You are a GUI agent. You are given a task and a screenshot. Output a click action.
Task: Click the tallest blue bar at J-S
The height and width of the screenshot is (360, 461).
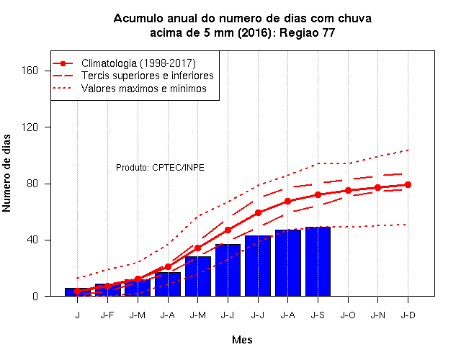click(318, 261)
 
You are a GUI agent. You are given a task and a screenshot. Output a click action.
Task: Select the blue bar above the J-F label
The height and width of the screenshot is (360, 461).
click(107, 289)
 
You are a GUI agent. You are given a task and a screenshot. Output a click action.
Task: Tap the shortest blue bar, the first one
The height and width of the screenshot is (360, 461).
click(77, 292)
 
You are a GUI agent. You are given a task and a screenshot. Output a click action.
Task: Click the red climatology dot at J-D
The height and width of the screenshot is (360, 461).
click(408, 184)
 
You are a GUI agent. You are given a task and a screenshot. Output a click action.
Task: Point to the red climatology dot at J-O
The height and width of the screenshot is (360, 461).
click(348, 190)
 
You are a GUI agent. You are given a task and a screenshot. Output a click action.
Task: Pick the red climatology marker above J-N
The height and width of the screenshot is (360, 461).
click(377, 187)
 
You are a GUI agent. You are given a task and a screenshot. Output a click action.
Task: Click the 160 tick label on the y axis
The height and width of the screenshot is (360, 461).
click(30, 71)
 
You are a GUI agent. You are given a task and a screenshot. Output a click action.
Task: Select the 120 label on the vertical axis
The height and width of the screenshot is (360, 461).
click(30, 127)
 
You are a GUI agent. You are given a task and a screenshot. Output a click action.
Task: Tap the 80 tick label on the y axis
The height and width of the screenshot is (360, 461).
click(32, 184)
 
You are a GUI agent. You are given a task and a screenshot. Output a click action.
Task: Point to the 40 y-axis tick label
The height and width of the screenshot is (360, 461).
click(32, 240)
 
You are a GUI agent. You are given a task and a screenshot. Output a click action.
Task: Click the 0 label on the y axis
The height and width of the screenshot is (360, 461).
click(35, 296)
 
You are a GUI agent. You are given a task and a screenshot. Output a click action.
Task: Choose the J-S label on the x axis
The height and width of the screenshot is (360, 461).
click(318, 315)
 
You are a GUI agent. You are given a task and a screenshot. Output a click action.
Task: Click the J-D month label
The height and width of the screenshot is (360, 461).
click(408, 315)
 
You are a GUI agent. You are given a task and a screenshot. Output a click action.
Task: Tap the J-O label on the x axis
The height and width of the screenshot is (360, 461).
click(348, 315)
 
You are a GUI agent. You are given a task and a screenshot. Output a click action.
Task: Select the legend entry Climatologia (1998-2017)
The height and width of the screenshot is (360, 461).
click(138, 63)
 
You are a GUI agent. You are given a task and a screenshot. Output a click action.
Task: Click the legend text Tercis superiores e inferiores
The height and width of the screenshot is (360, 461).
click(147, 76)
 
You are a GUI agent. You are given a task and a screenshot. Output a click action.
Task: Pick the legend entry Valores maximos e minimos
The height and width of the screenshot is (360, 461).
click(144, 88)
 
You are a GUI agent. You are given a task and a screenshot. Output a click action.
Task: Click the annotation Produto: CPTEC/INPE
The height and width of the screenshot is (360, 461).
click(160, 168)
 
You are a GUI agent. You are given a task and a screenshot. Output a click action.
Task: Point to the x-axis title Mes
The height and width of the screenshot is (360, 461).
click(242, 340)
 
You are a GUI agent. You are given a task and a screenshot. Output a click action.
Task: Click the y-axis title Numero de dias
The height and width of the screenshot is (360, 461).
click(6, 174)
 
